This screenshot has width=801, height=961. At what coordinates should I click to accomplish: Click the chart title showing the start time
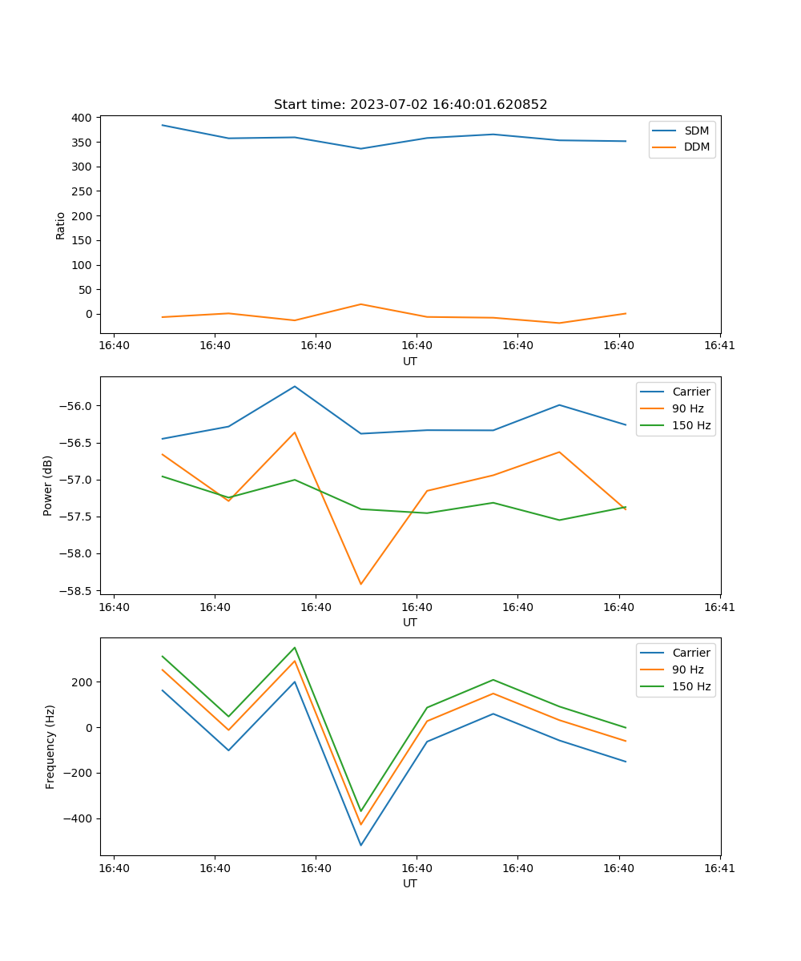click(410, 105)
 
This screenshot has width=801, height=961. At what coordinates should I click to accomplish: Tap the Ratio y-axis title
click(61, 225)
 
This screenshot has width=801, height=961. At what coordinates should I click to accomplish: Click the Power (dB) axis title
click(49, 485)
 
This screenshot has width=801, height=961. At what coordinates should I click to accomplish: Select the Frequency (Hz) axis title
click(50, 746)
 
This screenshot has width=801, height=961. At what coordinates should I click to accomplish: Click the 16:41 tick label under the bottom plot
click(719, 868)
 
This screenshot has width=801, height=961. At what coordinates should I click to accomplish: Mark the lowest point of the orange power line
click(360, 584)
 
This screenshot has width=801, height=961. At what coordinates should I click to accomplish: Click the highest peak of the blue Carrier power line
click(295, 386)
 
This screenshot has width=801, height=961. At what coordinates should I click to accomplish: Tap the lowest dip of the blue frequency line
click(360, 845)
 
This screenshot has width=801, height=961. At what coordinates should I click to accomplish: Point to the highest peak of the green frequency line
click(295, 647)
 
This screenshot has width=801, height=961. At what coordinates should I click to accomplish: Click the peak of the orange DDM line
click(360, 304)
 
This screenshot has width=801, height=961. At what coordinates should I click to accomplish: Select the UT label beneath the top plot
click(410, 361)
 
